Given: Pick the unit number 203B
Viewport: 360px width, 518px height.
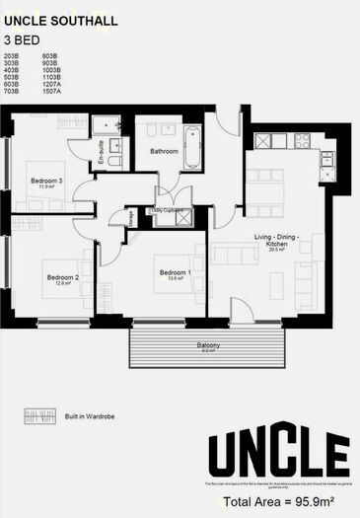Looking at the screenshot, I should (x=12, y=56).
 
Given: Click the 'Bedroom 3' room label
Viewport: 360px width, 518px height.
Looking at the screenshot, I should (x=46, y=181).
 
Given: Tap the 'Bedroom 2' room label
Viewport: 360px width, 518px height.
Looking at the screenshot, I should (x=62, y=277).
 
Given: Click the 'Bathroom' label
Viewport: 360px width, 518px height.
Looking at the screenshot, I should (x=164, y=151).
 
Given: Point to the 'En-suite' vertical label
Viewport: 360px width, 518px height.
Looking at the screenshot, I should (x=101, y=154).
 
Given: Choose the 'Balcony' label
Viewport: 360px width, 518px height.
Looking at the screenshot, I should (x=208, y=345).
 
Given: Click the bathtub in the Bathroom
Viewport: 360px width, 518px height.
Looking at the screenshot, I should (x=191, y=147).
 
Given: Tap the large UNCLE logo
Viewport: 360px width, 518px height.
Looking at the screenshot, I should (x=277, y=456).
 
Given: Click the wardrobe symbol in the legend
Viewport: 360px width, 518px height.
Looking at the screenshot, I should (x=36, y=414).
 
